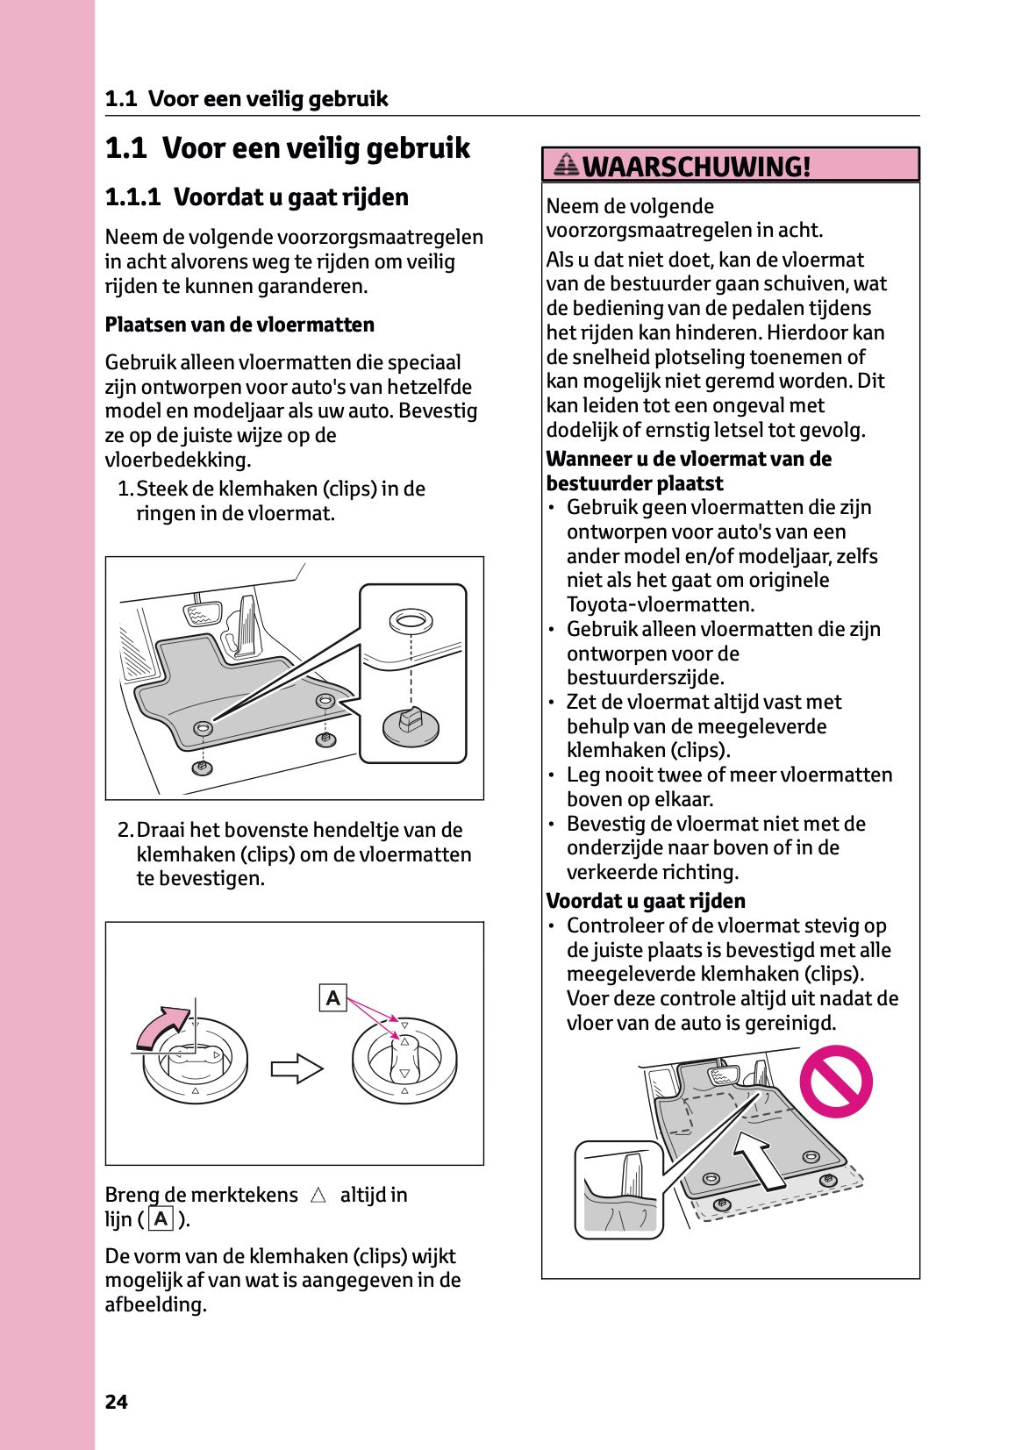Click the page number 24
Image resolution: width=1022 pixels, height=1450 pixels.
tap(116, 1402)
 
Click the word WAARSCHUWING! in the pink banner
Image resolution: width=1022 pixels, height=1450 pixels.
tap(696, 166)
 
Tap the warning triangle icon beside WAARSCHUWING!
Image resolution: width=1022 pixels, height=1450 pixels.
tap(567, 164)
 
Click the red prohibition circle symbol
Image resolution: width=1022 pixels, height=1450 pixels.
tap(835, 1081)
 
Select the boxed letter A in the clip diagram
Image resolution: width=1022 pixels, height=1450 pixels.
tap(333, 998)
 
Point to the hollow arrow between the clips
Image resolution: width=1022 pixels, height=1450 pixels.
tap(297, 1068)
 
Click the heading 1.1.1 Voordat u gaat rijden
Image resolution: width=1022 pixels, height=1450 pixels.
tap(256, 196)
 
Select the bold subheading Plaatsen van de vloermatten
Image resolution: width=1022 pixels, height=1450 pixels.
tap(239, 325)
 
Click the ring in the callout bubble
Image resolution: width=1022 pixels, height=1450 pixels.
tap(410, 621)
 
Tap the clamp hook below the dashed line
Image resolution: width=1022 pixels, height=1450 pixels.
tap(411, 725)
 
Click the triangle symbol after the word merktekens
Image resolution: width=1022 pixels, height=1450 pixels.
tap(318, 1195)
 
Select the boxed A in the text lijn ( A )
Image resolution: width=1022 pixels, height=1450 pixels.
tap(161, 1218)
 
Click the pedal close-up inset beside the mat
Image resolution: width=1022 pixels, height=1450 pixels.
tap(618, 1190)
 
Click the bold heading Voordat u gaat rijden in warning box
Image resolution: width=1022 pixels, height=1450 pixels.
tap(646, 901)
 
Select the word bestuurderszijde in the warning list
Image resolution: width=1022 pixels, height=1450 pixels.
tap(632, 677)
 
